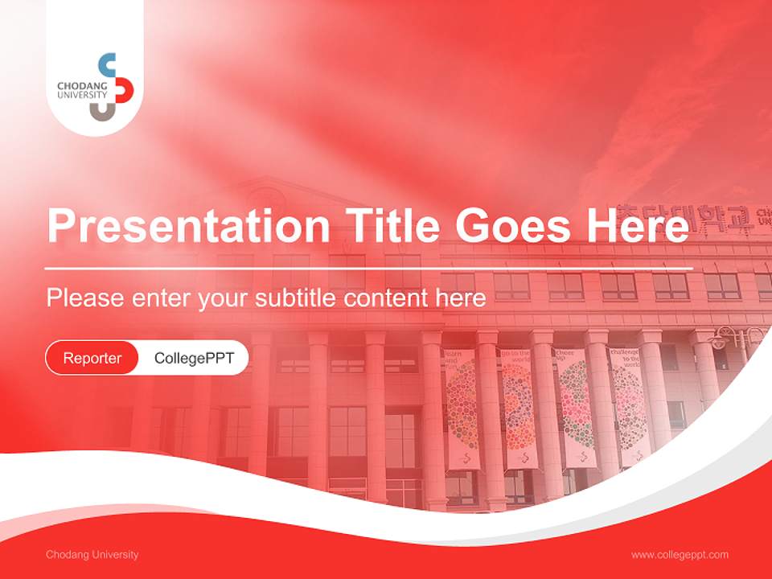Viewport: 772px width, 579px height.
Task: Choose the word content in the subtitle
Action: (x=387, y=298)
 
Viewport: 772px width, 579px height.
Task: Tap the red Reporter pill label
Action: (x=92, y=358)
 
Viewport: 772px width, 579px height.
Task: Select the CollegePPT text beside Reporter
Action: (x=194, y=358)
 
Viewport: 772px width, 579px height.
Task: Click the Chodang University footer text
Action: (x=92, y=555)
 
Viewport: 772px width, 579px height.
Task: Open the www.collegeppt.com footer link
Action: (x=680, y=555)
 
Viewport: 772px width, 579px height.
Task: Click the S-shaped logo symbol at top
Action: (x=113, y=87)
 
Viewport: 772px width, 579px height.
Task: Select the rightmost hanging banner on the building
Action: (x=628, y=406)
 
